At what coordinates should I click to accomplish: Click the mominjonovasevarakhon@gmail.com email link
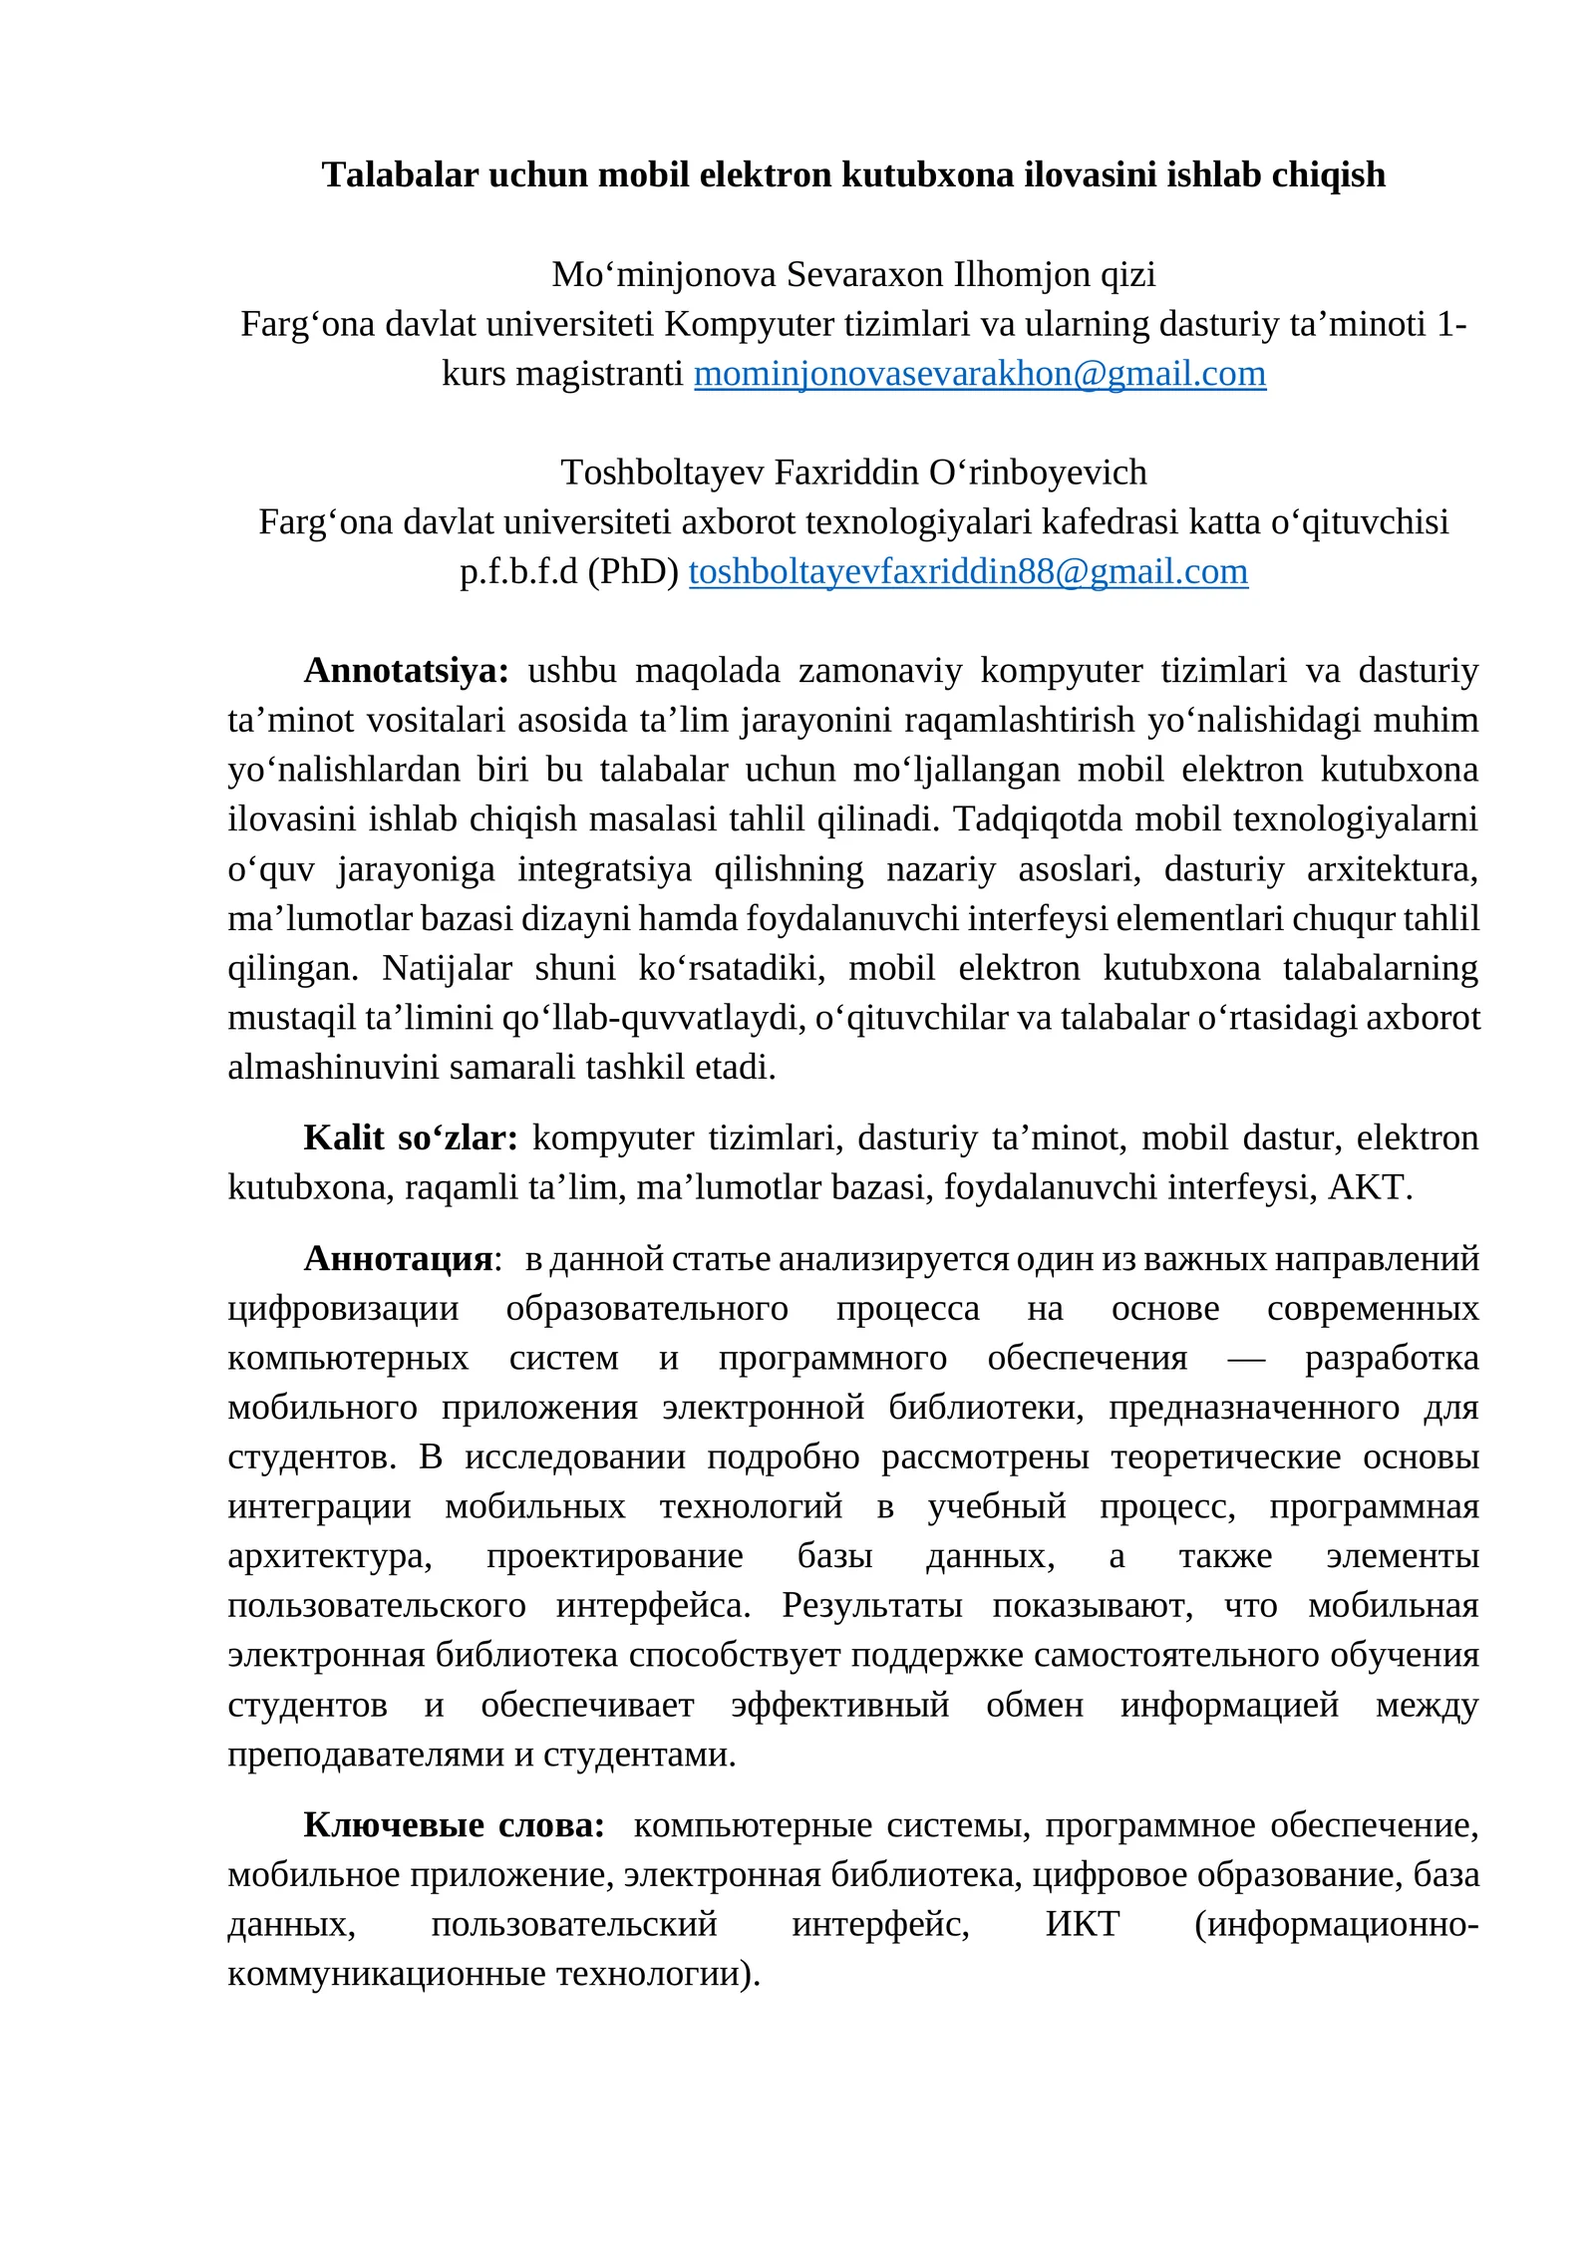(979, 374)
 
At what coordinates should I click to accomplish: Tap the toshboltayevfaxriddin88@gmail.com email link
(967, 571)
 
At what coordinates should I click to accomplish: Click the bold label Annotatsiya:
(406, 670)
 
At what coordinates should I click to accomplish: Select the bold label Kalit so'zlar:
(410, 1137)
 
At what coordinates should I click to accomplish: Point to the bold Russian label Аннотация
(398, 1259)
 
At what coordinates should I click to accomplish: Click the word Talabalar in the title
(400, 174)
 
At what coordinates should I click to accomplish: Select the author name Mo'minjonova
(664, 274)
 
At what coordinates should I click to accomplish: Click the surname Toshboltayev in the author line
(663, 472)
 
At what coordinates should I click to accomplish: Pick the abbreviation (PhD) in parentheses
(633, 571)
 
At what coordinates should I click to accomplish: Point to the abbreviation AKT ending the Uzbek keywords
(1367, 1187)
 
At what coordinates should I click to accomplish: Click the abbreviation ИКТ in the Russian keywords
(1082, 1923)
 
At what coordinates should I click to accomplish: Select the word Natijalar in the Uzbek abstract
(447, 968)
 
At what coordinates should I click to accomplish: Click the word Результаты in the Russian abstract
(871, 1606)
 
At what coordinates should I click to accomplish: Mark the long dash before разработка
(1246, 1359)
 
